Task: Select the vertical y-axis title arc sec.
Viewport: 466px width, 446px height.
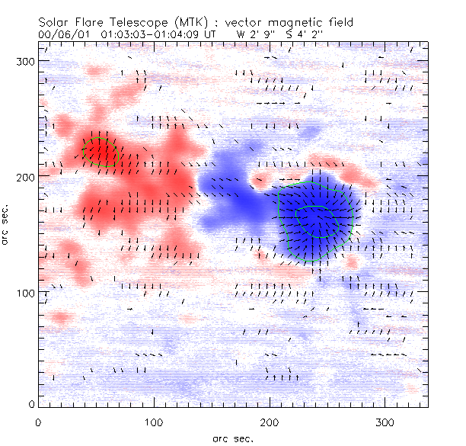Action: point(8,221)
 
